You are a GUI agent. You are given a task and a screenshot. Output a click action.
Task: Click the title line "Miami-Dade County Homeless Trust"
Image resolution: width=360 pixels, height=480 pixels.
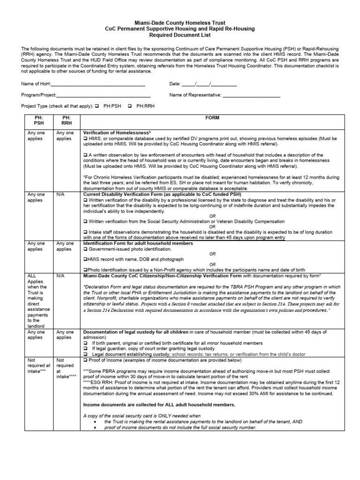pyautogui.click(x=180, y=22)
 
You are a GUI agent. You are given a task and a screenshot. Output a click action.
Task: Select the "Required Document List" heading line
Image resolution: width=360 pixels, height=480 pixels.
pyautogui.click(x=180, y=35)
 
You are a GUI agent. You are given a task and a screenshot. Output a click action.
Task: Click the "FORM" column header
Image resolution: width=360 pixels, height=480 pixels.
pyautogui.click(x=212, y=118)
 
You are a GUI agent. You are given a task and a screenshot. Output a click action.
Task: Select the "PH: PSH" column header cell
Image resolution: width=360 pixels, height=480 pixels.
pyautogui.click(x=38, y=120)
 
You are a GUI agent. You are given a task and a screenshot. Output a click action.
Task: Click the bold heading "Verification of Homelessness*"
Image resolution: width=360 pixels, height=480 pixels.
pyautogui.click(x=117, y=133)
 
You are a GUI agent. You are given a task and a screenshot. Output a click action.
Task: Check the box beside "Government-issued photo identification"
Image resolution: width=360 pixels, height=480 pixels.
pyautogui.click(x=85, y=249)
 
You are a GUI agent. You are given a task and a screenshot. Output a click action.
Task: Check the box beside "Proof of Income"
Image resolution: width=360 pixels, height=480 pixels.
pyautogui.click(x=85, y=360)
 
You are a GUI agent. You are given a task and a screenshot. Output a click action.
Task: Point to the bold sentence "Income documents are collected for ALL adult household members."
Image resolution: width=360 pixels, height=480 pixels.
pyautogui.click(x=159, y=405)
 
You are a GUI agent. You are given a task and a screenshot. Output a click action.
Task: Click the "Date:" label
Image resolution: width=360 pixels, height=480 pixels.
pyautogui.click(x=175, y=84)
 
